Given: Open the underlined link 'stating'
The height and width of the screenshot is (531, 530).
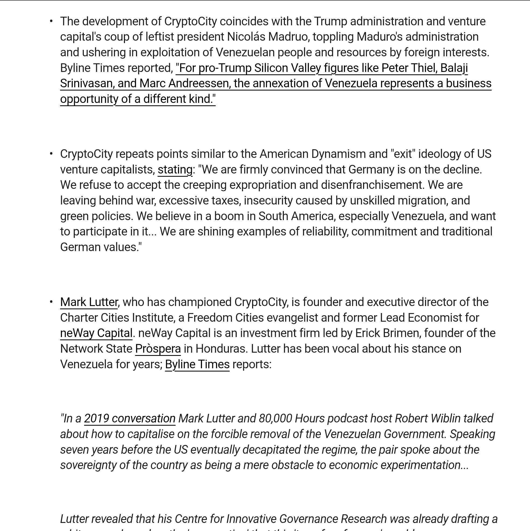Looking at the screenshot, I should [x=175, y=169].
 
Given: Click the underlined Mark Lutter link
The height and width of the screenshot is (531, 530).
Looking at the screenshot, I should [x=89, y=302].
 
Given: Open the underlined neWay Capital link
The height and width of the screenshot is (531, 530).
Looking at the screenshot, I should [x=96, y=333].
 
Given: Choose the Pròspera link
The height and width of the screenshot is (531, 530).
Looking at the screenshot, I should [x=158, y=349].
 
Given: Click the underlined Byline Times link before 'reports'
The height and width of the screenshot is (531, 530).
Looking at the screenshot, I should [x=197, y=365].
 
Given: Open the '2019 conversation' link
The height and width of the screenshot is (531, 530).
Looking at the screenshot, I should [x=130, y=419].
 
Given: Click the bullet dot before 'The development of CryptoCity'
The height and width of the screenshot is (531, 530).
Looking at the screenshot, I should [x=51, y=21].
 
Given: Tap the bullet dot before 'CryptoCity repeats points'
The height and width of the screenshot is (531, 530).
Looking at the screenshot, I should [x=51, y=154].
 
